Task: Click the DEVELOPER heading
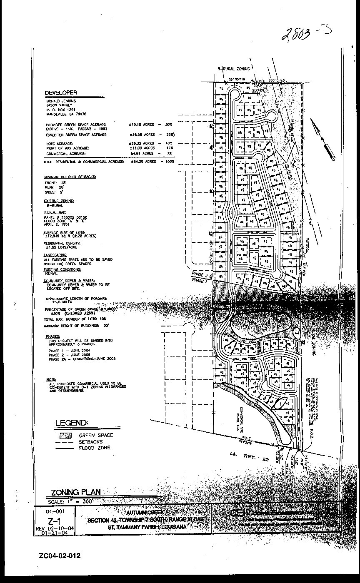[61, 93]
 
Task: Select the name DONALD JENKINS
[59, 101]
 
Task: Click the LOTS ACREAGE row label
[59, 143]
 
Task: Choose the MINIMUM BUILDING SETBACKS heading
[70, 177]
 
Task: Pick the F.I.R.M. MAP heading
[55, 212]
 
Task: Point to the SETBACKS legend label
[91, 442]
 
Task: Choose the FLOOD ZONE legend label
[95, 448]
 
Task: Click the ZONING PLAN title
[75, 492]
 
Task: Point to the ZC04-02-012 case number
[60, 556]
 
